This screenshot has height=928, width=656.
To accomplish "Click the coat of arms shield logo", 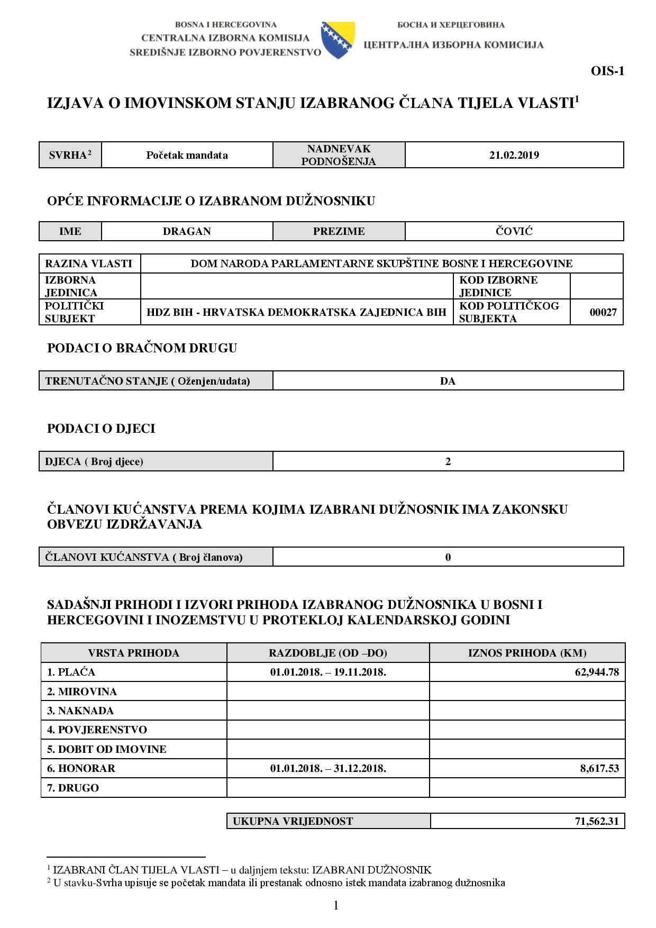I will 338,40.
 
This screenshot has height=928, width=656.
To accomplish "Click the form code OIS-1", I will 607,71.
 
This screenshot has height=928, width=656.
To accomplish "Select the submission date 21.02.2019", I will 514,155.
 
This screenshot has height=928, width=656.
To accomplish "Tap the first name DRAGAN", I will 187,231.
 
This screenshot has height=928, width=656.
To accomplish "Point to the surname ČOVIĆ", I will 514,231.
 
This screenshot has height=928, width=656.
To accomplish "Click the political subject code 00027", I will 603,312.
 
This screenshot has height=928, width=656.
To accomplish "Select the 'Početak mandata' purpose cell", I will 187,155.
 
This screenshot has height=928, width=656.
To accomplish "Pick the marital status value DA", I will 448,381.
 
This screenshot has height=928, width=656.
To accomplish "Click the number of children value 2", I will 448,461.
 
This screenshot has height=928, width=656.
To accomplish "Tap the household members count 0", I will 448,557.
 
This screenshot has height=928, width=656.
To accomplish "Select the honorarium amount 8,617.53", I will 599,768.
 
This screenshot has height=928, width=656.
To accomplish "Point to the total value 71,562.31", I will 596,822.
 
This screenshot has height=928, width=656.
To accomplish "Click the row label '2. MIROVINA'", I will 82,692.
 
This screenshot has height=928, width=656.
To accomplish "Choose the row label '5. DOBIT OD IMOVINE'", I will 106,749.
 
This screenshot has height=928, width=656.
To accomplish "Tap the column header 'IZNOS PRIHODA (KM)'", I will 527,653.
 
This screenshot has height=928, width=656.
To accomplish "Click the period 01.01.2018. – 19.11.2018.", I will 327,672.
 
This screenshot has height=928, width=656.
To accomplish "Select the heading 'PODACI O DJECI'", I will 101,429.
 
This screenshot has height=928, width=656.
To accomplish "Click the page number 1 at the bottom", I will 335,905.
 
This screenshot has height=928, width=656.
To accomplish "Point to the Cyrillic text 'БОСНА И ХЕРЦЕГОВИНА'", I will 450,25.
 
